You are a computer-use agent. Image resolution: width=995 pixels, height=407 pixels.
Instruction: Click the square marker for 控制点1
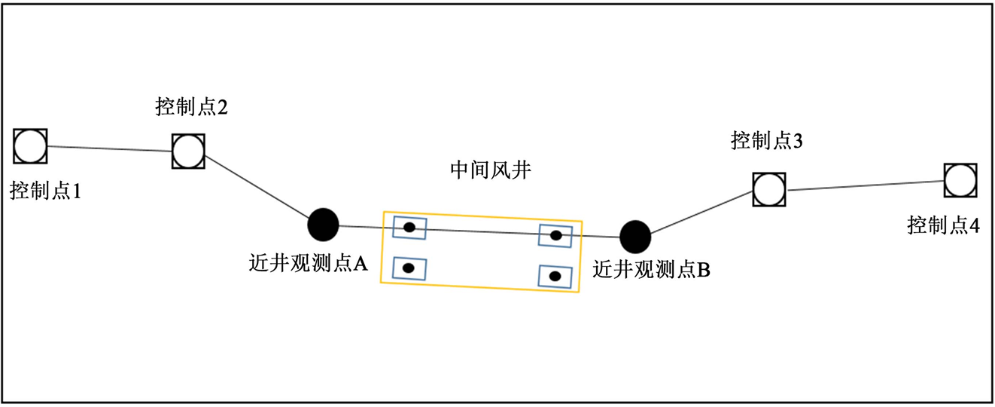[x=31, y=145]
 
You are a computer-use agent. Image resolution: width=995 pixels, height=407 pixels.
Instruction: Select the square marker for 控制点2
[x=187, y=151]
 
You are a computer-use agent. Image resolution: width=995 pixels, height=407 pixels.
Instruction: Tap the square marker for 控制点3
[x=769, y=189]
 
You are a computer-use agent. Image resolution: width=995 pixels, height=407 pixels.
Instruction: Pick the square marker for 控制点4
[x=961, y=180]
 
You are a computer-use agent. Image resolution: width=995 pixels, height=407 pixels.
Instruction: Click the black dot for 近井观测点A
[x=324, y=224]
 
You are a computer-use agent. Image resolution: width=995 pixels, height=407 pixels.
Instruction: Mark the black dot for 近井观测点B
[x=635, y=237]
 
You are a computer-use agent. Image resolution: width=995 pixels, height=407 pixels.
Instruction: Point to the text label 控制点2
[x=191, y=107]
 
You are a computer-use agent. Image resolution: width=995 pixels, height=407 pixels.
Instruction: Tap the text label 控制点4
[x=943, y=224]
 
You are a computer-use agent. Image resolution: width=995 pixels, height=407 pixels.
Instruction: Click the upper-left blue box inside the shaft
[x=409, y=228]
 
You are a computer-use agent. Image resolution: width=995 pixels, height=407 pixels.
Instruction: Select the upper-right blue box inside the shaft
[x=555, y=235]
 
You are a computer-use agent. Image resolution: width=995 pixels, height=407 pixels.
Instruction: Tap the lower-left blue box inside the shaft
[x=409, y=268]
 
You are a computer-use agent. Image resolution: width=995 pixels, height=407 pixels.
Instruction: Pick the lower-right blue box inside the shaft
[x=555, y=276]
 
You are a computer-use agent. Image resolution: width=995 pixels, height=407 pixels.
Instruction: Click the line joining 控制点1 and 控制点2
[x=109, y=148]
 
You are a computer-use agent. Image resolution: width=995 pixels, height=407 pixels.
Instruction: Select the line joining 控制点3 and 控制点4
[x=866, y=185]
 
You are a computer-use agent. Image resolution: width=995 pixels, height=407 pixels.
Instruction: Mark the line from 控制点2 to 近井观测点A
[x=256, y=188]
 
